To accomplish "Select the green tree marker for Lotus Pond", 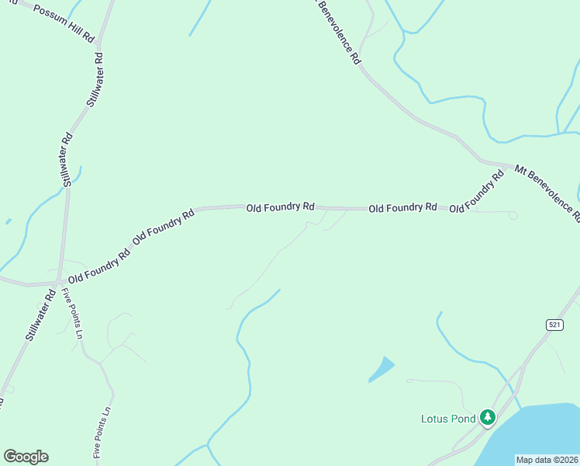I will tap(487, 418).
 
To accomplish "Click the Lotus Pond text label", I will tap(447, 419).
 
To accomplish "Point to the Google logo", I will tap(26, 457).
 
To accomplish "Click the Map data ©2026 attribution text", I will tap(546, 459).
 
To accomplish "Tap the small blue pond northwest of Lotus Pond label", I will tap(381, 369).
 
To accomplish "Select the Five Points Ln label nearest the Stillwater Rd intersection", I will tap(72, 315).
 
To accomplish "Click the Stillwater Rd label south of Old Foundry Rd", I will tap(39, 315).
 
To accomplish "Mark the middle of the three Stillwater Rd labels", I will tap(67, 159).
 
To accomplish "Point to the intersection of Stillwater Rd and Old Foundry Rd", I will tap(59, 281).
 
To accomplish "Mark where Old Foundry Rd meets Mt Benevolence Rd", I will tap(508, 165).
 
